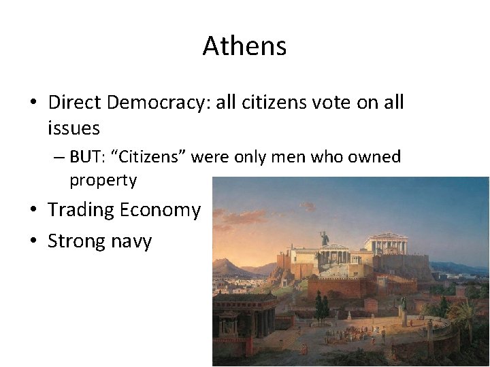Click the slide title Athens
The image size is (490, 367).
244,46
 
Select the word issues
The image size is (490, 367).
73,127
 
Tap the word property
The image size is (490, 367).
103,181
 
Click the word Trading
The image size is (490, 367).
80,210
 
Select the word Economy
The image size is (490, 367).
160,210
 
